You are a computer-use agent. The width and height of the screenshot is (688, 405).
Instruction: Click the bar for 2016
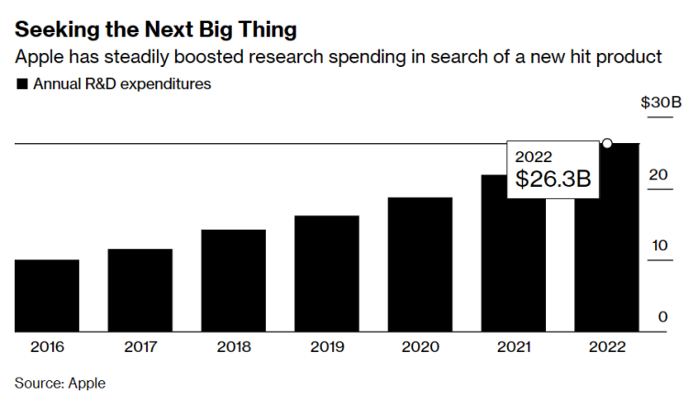click(x=47, y=295)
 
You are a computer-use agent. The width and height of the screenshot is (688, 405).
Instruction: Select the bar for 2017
click(x=139, y=290)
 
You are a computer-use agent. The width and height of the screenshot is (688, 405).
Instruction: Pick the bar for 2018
click(x=233, y=280)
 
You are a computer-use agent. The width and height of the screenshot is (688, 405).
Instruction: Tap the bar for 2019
click(x=327, y=273)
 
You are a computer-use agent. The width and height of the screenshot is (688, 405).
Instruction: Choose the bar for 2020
click(x=420, y=264)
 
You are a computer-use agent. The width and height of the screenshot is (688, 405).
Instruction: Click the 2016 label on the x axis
click(x=47, y=347)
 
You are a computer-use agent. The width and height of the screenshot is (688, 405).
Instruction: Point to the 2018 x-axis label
click(x=234, y=347)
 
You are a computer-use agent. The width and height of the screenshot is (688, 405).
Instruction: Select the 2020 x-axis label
click(x=420, y=347)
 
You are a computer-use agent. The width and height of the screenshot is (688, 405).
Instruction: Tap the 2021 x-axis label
click(x=514, y=347)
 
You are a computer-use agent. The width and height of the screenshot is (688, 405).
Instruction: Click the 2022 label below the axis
click(x=607, y=347)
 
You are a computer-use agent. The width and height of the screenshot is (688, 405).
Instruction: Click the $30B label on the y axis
click(x=660, y=102)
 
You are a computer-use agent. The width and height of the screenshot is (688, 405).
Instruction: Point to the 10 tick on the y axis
click(x=660, y=245)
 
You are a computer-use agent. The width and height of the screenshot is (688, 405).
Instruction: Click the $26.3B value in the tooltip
click(x=552, y=180)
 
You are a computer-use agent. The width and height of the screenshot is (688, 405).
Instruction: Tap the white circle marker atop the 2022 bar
click(x=607, y=144)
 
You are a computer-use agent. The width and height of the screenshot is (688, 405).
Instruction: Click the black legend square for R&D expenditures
click(x=21, y=84)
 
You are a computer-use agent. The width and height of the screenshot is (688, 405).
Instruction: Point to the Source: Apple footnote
click(x=60, y=383)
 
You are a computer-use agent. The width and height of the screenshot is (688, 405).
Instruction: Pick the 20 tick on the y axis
click(x=660, y=173)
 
